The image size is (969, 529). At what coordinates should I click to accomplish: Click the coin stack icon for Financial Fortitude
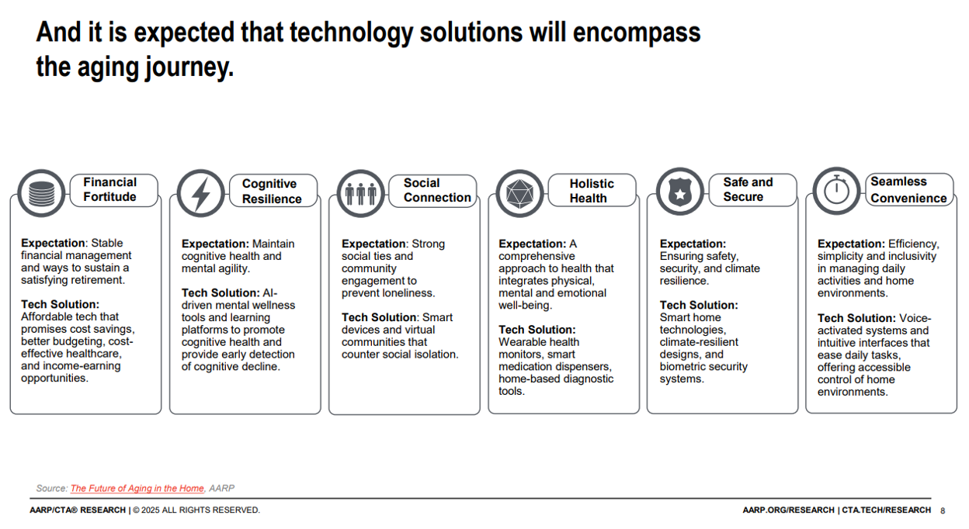click(41, 193)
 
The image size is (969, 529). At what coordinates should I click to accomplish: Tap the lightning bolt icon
click(201, 193)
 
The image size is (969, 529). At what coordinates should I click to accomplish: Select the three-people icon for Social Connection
click(361, 193)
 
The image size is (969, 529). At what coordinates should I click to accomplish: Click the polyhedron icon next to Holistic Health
click(520, 193)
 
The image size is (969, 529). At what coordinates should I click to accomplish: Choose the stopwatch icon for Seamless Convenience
click(837, 191)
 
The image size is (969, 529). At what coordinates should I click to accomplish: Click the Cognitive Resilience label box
click(273, 191)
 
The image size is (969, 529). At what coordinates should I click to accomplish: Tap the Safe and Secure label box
click(752, 190)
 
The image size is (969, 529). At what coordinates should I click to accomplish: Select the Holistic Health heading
click(592, 191)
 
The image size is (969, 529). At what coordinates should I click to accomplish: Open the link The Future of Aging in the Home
click(137, 489)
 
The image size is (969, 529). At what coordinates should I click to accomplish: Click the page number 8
click(943, 511)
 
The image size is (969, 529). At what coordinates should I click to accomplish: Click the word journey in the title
click(189, 68)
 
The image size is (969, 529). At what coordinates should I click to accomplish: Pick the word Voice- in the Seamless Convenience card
click(915, 318)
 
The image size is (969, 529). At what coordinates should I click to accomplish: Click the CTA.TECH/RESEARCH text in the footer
click(887, 510)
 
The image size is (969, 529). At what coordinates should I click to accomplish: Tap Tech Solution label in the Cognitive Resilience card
click(221, 293)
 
